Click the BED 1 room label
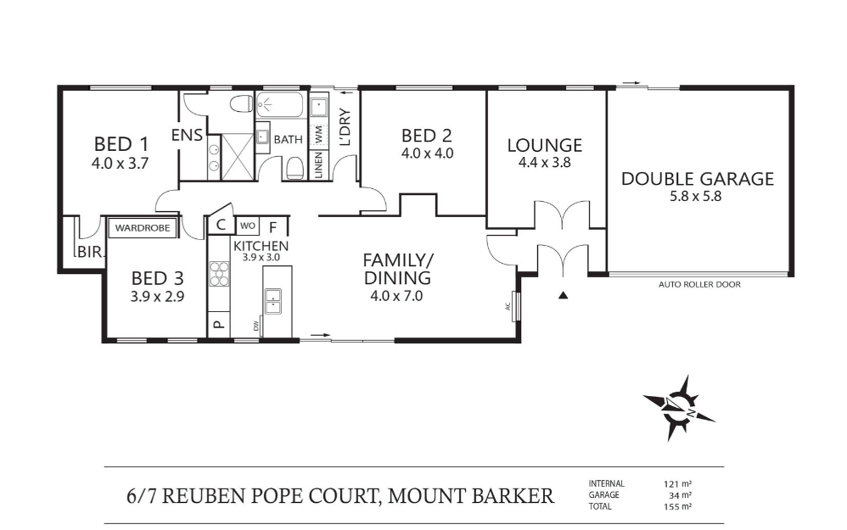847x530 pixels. point(120,143)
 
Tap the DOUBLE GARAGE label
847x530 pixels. point(697,179)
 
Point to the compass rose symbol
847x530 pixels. point(678,407)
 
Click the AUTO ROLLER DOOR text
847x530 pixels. point(699,285)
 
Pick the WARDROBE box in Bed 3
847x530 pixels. point(143,227)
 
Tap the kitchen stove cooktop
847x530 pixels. point(220,275)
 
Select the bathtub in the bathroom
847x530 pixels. point(279,107)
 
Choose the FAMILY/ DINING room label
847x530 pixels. point(397,268)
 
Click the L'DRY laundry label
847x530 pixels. point(345,130)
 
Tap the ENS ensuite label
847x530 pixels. point(187,135)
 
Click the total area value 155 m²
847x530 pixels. point(678,505)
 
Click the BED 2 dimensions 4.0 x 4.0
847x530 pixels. point(426,153)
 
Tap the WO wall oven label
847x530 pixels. point(247,226)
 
